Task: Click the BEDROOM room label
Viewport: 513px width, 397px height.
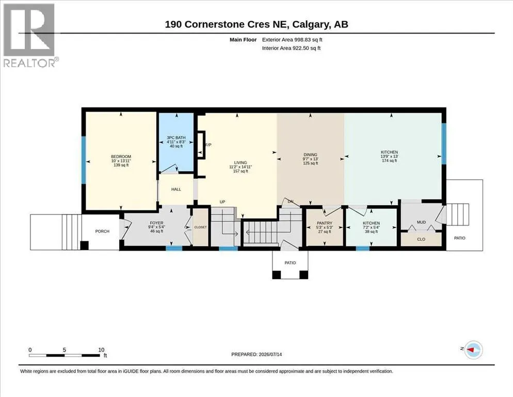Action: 121,157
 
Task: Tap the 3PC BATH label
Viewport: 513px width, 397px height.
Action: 176,138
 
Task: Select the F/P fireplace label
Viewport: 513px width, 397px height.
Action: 208,145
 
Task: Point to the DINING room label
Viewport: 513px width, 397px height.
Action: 310,155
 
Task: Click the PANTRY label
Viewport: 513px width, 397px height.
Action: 324,223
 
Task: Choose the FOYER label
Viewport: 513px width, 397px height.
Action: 157,223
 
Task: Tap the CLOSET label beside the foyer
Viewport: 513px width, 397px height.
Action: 200,227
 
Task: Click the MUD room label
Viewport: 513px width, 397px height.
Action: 421,222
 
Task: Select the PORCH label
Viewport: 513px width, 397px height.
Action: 102,231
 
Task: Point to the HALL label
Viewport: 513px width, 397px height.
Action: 176,189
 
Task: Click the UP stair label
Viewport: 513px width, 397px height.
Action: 222,202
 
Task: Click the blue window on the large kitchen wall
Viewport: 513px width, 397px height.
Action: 444,144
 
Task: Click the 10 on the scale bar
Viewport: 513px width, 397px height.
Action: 101,350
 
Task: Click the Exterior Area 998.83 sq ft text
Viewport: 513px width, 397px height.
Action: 292,40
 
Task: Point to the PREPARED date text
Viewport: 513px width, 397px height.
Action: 256,355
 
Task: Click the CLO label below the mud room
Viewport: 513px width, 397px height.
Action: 421,239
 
